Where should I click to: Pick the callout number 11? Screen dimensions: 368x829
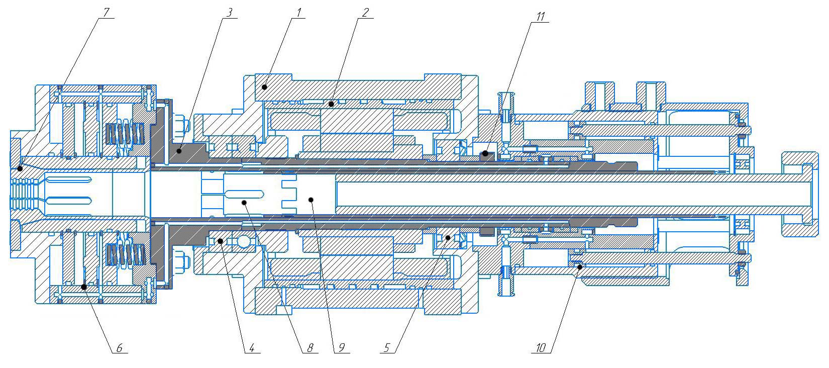point(540,16)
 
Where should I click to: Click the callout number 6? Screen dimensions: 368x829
point(119,347)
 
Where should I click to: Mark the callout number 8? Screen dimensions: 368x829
point(310,347)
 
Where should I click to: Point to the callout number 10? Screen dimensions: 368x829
point(541,347)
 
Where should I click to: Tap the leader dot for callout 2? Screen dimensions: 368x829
point(332,104)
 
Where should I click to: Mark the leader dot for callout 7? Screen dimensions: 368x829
point(20,168)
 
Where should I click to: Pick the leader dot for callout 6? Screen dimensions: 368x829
point(84,287)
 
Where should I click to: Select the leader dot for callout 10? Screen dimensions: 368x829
point(580,267)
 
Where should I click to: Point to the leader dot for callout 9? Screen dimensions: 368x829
point(311,200)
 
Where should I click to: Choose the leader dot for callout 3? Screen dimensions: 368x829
point(179,149)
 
